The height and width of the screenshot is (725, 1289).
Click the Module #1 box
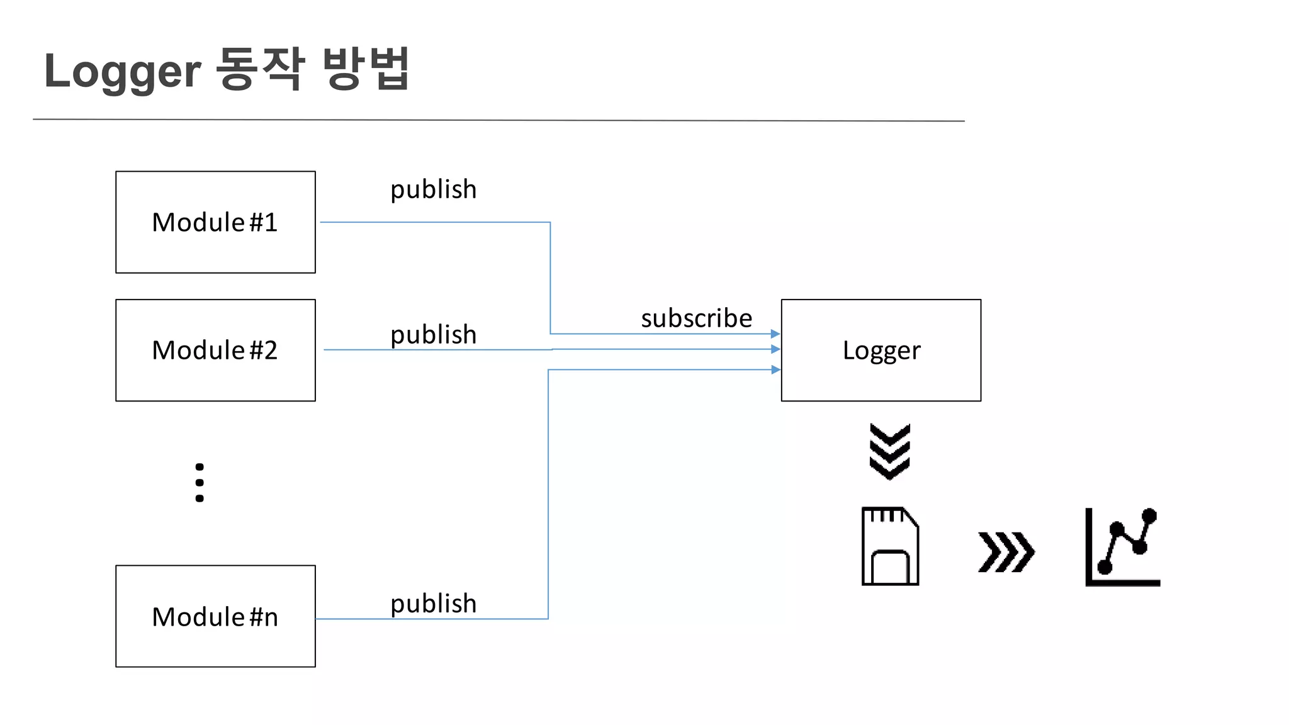click(x=215, y=222)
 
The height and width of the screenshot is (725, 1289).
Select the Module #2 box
click(x=215, y=350)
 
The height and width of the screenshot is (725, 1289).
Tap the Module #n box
click(x=215, y=616)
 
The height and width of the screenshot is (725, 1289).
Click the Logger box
click(x=881, y=350)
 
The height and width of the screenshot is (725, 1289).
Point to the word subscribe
click(x=696, y=318)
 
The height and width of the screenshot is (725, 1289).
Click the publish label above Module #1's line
click(x=433, y=189)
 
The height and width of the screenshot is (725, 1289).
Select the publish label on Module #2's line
click(x=433, y=334)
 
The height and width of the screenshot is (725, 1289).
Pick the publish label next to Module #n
click(x=433, y=604)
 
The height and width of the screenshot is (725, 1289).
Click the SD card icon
click(x=889, y=546)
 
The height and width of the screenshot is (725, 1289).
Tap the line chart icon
click(x=1122, y=547)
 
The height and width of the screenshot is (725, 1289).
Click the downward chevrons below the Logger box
click(x=889, y=452)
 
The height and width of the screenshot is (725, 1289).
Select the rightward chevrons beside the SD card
click(x=1006, y=552)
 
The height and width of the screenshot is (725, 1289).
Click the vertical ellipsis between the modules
click(x=200, y=483)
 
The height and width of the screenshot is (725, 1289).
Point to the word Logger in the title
click(x=122, y=71)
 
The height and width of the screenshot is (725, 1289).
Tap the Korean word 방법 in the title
click(x=366, y=69)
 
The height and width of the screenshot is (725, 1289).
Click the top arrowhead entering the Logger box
click(x=775, y=334)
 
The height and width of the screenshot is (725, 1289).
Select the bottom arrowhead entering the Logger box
click(x=775, y=370)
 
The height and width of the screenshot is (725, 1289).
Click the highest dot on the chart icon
click(x=1149, y=516)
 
